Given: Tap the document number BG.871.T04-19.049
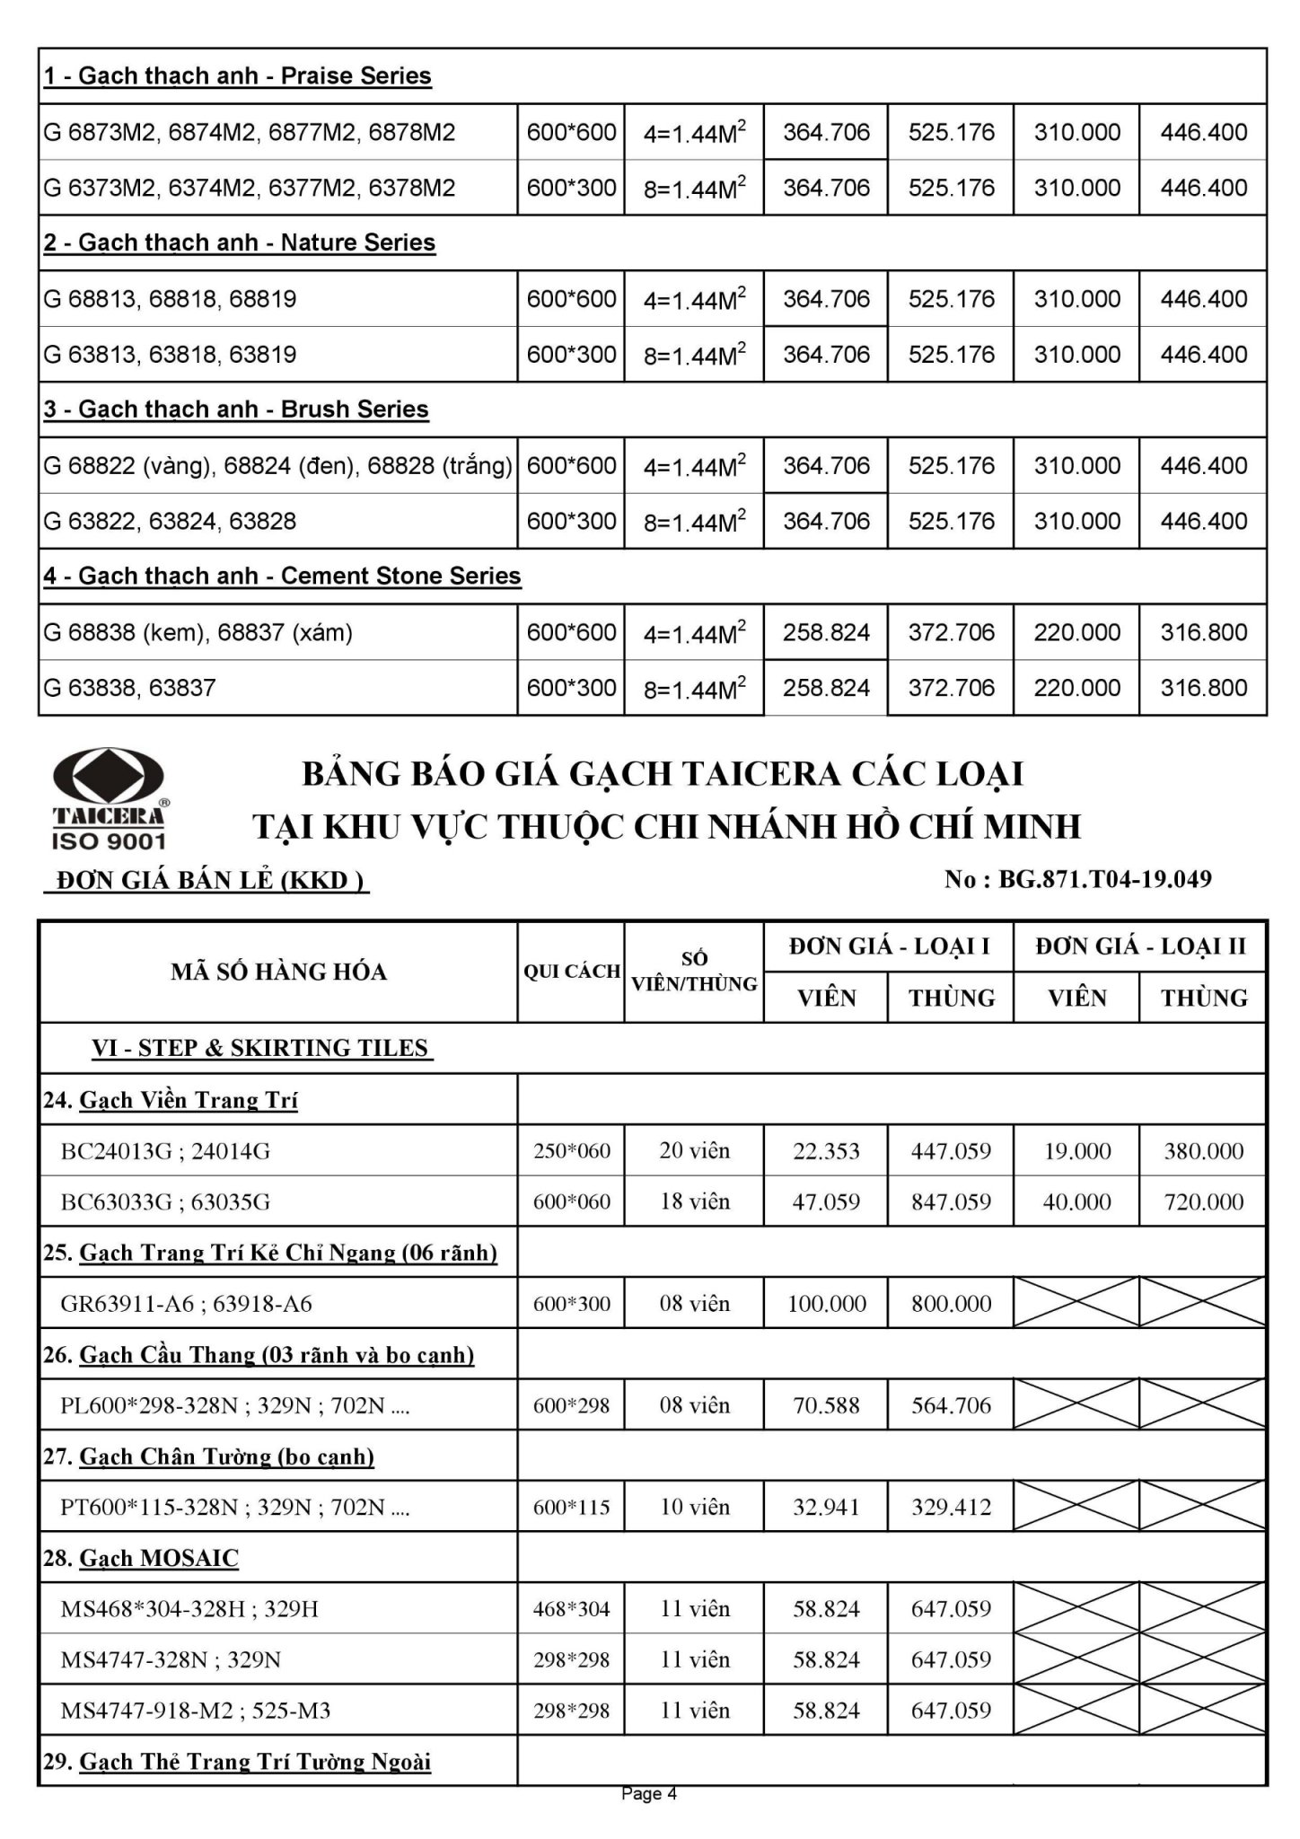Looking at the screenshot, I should pyautogui.click(x=1077, y=879).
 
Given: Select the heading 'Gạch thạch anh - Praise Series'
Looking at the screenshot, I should pyautogui.click(x=238, y=76).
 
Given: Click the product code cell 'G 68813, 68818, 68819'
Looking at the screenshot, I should pyautogui.click(x=170, y=299).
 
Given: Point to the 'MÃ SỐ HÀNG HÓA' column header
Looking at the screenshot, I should pyautogui.click(x=278, y=972).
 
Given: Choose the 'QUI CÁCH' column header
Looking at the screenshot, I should pyautogui.click(x=572, y=972).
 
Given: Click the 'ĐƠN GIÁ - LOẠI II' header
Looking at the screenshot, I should pyautogui.click(x=1140, y=946).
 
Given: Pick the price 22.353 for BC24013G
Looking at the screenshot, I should pyautogui.click(x=826, y=1151).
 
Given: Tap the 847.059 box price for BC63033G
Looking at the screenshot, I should pyautogui.click(x=951, y=1202).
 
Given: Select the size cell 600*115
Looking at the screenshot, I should pyautogui.click(x=572, y=1507).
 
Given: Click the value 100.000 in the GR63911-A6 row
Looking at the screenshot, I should pyautogui.click(x=826, y=1304).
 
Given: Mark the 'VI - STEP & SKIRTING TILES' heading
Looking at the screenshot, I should pyautogui.click(x=260, y=1049).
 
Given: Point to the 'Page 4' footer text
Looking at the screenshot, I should pyautogui.click(x=649, y=1794).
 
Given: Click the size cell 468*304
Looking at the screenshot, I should pyautogui.click(x=572, y=1609).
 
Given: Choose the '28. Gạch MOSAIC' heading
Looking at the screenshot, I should pyautogui.click(x=142, y=1558).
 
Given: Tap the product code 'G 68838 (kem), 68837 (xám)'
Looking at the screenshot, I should pyautogui.click(x=198, y=633).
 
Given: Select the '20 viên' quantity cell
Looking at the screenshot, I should pyautogui.click(x=694, y=1151).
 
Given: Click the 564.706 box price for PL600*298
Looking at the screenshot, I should pyautogui.click(x=951, y=1405).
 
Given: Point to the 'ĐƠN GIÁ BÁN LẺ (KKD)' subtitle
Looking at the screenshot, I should pyautogui.click(x=207, y=881).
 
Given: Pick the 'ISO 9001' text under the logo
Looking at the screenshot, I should pyautogui.click(x=109, y=841).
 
